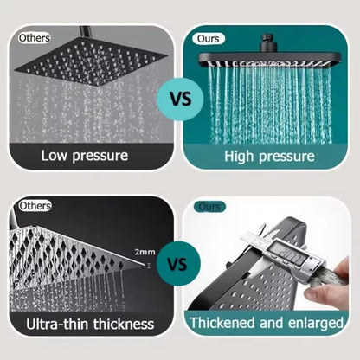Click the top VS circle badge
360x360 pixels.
179,97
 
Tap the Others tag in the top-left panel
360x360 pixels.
35,38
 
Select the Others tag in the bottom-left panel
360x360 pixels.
35,206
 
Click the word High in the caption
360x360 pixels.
243,157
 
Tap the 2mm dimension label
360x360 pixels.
144,252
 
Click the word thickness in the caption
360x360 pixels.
123,325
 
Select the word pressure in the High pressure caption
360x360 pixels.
289,157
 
